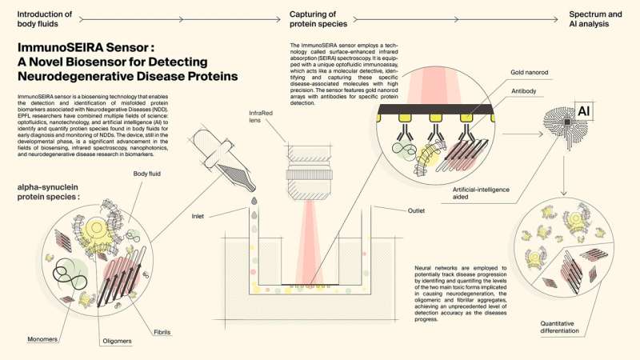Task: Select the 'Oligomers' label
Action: [117, 342]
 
